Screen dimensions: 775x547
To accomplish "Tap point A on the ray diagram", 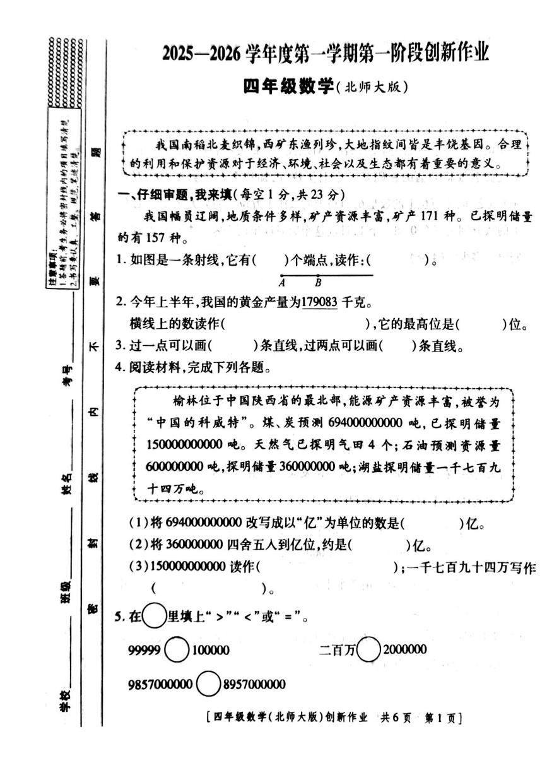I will pos(282,276).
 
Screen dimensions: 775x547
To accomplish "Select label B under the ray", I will pos(319,283).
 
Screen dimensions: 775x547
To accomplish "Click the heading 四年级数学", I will pos(288,87).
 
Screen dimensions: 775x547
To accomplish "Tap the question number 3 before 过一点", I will pos(118,346).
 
